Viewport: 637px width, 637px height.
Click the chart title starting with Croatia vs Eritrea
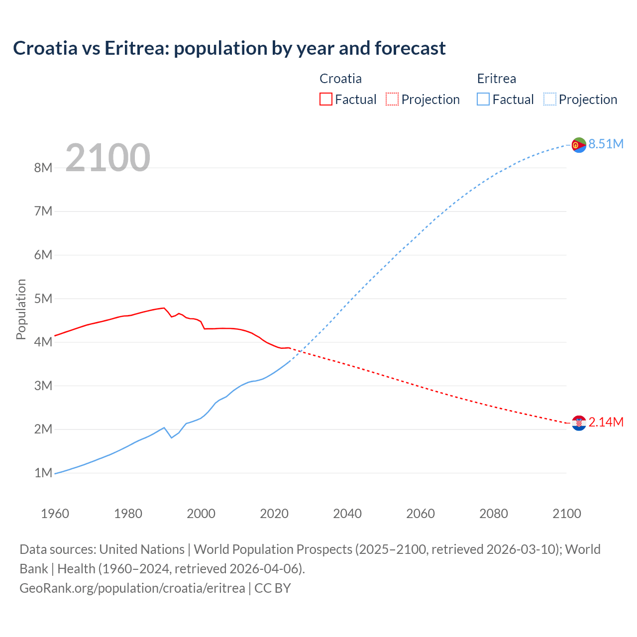coord(229,48)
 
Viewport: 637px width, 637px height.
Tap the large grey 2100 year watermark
coord(107,158)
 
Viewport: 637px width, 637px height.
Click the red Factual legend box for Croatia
coord(326,99)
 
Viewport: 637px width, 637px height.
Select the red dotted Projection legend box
coord(392,99)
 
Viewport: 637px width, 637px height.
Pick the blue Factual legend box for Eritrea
coord(483,99)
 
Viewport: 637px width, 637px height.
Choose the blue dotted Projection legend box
coord(550,99)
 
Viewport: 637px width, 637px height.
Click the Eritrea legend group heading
coord(496,79)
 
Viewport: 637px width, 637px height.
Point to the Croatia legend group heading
coord(340,79)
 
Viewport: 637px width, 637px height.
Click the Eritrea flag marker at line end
coord(579,145)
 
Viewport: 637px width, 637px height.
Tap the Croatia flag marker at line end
coord(579,423)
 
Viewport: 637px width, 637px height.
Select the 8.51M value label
coord(606,144)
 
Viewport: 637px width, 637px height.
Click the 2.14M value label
coord(606,423)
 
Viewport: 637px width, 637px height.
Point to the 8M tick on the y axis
coord(43,168)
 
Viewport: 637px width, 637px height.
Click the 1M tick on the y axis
coord(43,473)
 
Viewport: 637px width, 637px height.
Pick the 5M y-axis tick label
coord(43,299)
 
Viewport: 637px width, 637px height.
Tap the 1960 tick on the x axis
coord(55,514)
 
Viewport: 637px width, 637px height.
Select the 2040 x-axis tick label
coord(347,514)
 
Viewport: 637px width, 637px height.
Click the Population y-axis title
coord(21,309)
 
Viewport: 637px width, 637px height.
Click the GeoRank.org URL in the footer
coord(132,588)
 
